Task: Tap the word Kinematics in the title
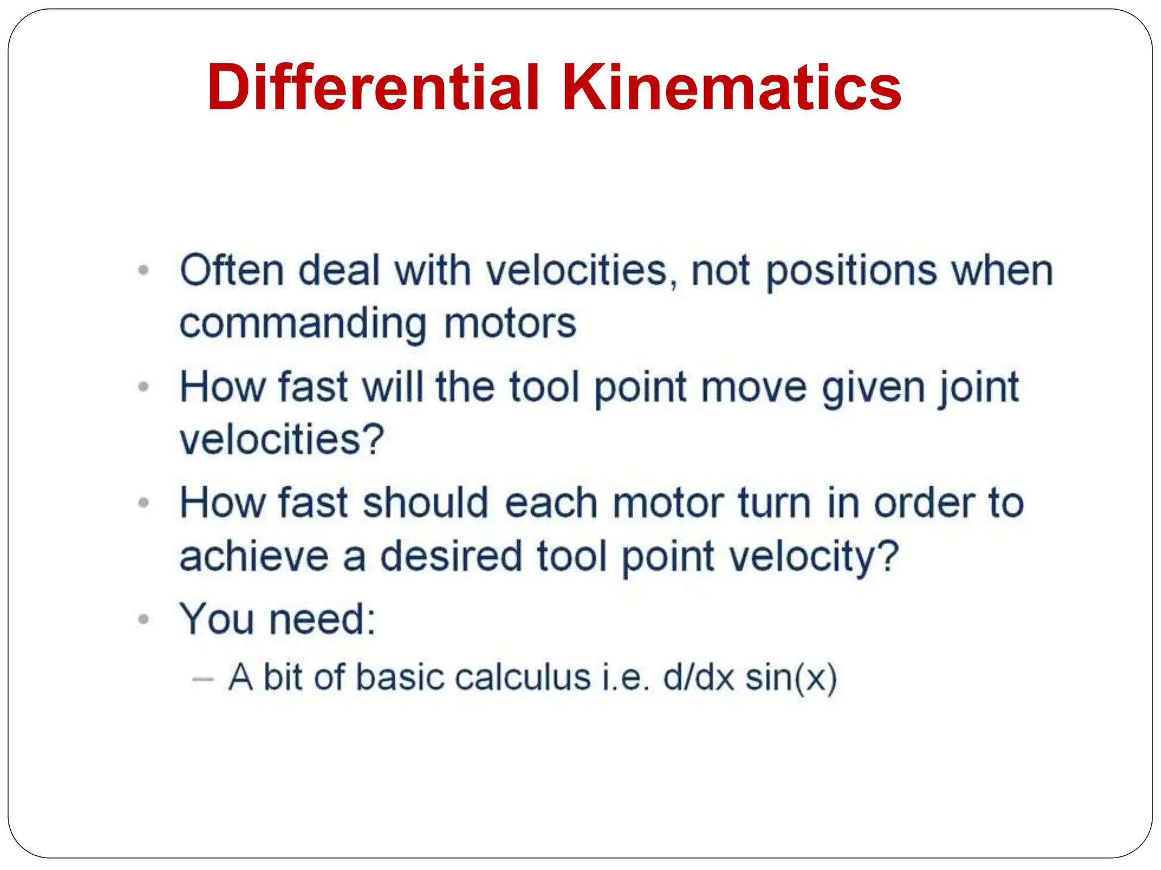(731, 88)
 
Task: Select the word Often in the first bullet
(231, 271)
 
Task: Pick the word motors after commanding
(510, 324)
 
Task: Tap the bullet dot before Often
(144, 270)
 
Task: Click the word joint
(978, 388)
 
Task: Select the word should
(425, 503)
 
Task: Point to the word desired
(451, 556)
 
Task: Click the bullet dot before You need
(144, 619)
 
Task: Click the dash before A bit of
(202, 679)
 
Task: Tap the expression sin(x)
(791, 679)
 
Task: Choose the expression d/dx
(698, 678)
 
